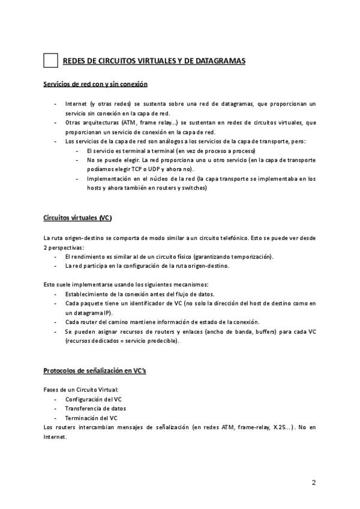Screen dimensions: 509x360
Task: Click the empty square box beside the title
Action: click(x=51, y=61)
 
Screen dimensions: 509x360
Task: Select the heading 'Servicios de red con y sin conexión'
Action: click(x=96, y=84)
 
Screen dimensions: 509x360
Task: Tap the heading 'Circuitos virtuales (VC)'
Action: click(x=78, y=217)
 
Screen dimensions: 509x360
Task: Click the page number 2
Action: click(x=313, y=482)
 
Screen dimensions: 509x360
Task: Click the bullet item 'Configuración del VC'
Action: click(x=91, y=399)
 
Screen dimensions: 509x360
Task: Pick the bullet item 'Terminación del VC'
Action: click(x=91, y=418)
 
